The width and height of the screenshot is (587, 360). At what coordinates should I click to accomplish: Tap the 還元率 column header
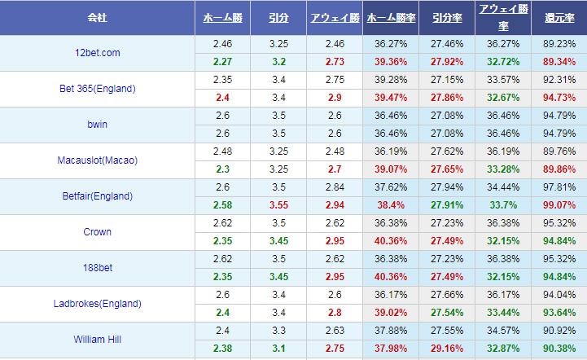[x=558, y=17]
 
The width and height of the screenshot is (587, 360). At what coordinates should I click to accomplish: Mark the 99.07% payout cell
[x=558, y=204]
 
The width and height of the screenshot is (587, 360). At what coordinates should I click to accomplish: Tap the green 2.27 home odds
[x=221, y=61]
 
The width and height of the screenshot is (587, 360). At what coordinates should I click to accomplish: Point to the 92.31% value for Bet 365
[x=558, y=80]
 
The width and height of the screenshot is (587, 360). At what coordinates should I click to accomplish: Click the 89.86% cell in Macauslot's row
[x=558, y=169]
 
